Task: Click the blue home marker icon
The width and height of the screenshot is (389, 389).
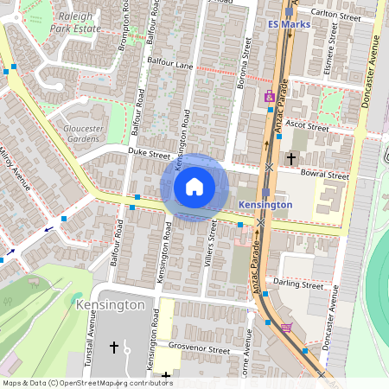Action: tap(194, 187)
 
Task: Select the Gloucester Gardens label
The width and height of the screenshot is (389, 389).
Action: tap(82, 132)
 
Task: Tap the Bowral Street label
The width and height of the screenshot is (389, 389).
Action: tap(326, 175)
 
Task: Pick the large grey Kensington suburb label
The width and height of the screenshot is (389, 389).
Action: tap(110, 305)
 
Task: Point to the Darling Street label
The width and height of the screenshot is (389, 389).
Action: tap(299, 285)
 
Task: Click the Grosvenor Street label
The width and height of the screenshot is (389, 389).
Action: tap(201, 351)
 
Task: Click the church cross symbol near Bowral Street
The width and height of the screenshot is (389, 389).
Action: tap(292, 158)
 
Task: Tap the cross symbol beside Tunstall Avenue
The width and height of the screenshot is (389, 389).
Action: tap(113, 348)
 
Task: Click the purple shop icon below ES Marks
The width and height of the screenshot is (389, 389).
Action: tap(270, 95)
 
